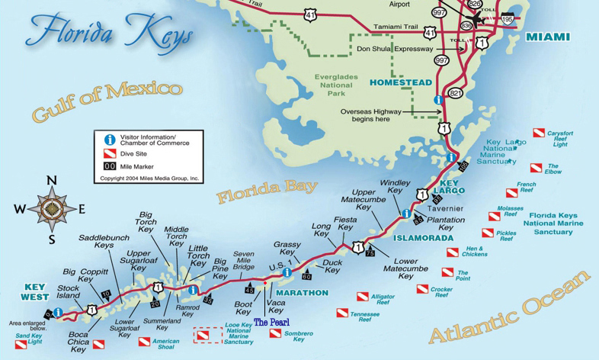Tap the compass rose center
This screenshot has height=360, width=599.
coord(52,208)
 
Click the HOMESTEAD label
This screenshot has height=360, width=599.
coord(400,82)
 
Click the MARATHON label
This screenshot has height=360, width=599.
coord(302,293)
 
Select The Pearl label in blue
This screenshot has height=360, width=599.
coord(271,323)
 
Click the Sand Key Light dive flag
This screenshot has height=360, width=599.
coord(21,346)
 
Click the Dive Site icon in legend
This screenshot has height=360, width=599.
coord(110,153)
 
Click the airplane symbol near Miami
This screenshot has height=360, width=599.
coord(478,18)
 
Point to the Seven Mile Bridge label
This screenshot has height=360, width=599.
coord(243,260)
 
